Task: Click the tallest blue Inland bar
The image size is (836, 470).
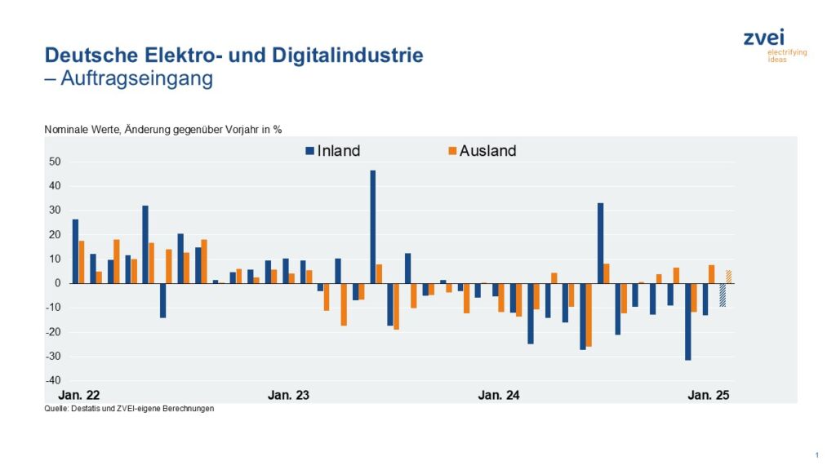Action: pos(373,227)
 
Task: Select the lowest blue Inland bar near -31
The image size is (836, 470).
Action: pos(688,321)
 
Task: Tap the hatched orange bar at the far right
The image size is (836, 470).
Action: pos(729,277)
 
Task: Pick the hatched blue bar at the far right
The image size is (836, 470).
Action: pos(723,295)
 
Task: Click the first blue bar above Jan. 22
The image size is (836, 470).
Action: pos(75,251)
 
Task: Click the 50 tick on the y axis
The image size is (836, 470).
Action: pos(55,162)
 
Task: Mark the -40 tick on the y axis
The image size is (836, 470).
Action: pos(53,380)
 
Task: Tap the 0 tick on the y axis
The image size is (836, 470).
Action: pos(59,283)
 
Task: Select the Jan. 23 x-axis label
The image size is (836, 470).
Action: pos(289,395)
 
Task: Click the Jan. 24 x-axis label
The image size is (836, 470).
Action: pos(499,395)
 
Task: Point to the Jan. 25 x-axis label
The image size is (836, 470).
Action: pos(709,395)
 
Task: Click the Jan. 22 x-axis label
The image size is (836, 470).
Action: pos(79,395)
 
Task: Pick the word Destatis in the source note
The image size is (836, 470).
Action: pos(87,409)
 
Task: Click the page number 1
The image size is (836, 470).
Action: pos(816,454)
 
